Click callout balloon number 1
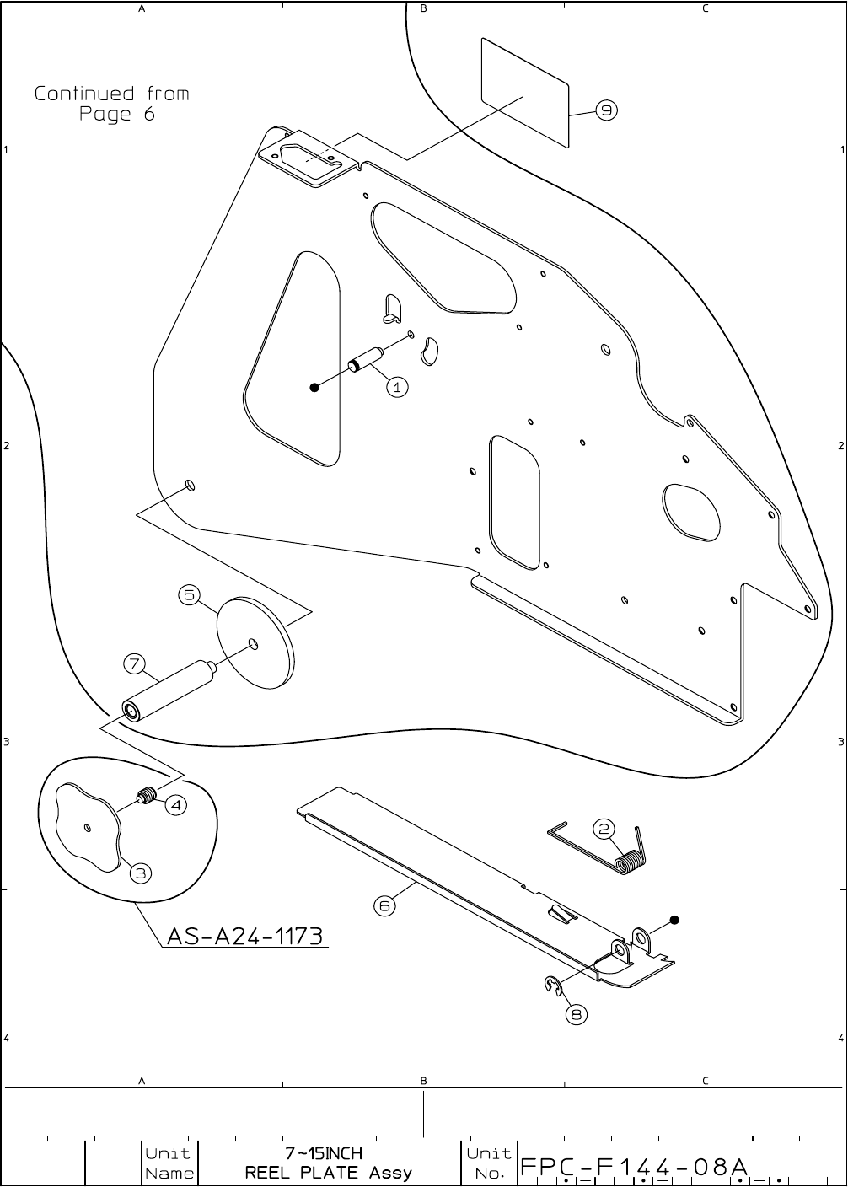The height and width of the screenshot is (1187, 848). (397, 387)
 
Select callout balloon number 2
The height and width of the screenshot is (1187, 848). (604, 829)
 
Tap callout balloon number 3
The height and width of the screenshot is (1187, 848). (141, 873)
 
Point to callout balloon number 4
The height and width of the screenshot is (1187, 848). (175, 805)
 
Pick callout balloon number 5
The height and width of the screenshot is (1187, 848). (189, 595)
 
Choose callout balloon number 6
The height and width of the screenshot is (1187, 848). (384, 905)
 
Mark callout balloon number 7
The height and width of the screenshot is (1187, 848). (135, 663)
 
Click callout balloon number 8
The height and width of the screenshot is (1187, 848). (577, 1014)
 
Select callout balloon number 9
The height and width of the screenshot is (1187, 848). (607, 110)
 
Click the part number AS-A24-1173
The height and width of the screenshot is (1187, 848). (245, 936)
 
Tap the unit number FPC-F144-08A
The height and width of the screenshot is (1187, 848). (635, 1167)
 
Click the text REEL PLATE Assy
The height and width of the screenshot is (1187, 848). (329, 1173)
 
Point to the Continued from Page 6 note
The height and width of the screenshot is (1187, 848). (112, 103)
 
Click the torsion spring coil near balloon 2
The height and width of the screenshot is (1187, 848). (628, 864)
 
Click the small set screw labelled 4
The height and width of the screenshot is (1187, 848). (148, 796)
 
